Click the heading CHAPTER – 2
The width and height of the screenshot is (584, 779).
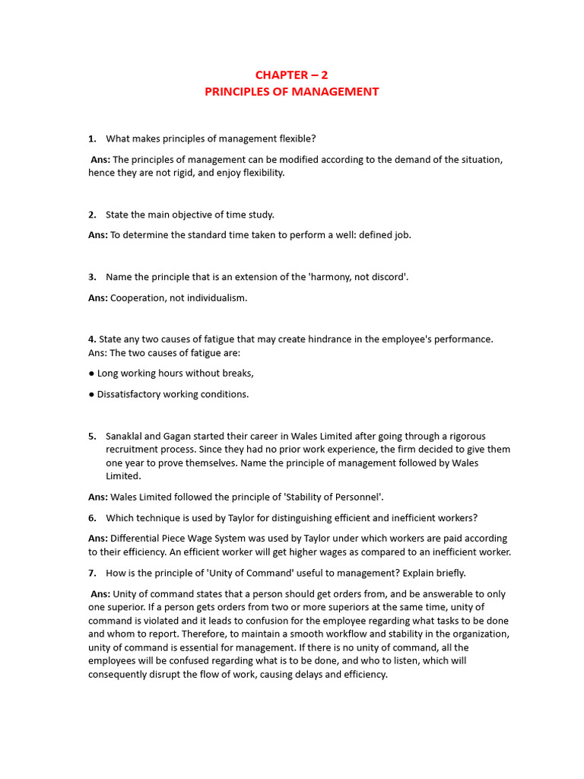click(291, 75)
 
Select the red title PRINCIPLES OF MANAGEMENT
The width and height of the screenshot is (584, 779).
click(291, 92)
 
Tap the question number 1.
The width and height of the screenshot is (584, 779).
click(92, 138)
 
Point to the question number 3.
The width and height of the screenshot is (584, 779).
click(92, 277)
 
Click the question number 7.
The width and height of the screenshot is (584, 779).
click(92, 573)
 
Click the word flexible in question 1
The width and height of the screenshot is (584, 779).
click(297, 138)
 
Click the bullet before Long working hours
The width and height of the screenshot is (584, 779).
click(91, 374)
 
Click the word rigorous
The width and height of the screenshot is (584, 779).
click(465, 437)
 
